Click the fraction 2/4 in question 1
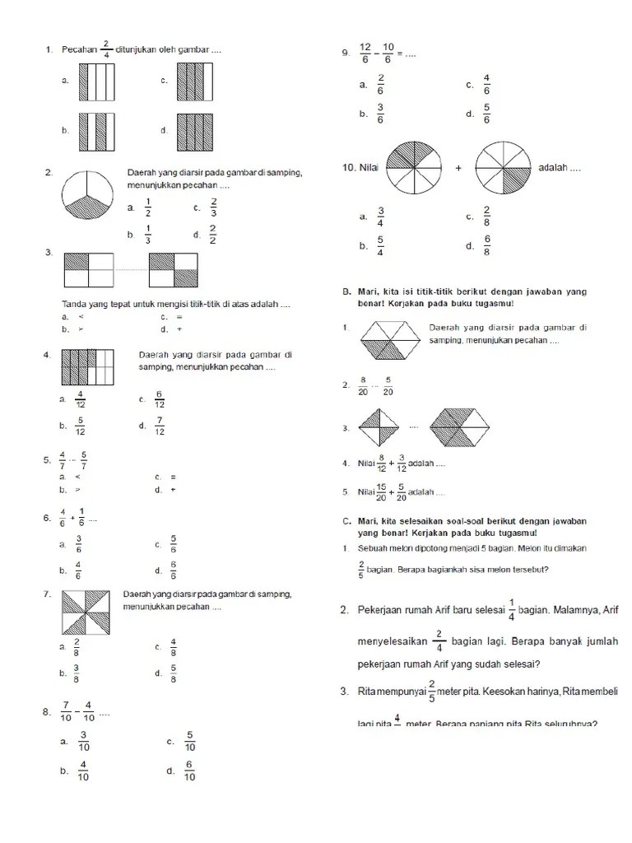[x=105, y=49]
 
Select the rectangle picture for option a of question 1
[x=96, y=82]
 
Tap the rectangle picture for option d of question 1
[x=195, y=132]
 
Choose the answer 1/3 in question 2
[x=148, y=235]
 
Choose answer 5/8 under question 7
[x=174, y=674]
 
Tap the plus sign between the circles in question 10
[x=458, y=168]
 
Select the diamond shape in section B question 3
[x=380, y=427]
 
